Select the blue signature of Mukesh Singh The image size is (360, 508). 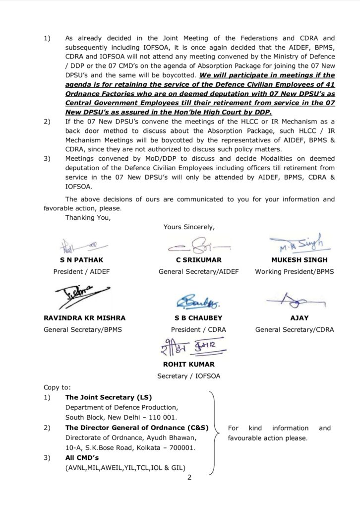(x=296, y=243)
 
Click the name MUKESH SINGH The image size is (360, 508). (x=299, y=260)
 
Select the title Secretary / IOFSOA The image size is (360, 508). (x=189, y=376)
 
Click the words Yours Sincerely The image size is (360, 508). (x=189, y=227)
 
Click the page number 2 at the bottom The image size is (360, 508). (x=189, y=478)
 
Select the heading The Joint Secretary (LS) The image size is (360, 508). (x=109, y=397)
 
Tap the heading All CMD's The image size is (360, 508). (x=82, y=458)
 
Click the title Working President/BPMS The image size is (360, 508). (x=295, y=271)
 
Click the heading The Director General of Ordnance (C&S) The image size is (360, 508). (x=137, y=428)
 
